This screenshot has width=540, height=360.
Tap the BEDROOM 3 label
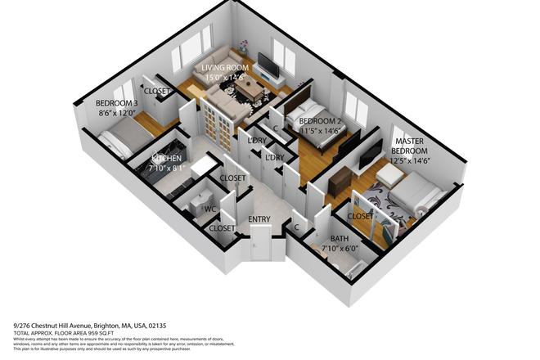(x=115, y=103)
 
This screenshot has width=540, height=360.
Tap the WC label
(x=210, y=209)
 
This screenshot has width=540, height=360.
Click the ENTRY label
(x=261, y=219)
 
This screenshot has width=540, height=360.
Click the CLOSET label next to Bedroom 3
(x=157, y=92)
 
